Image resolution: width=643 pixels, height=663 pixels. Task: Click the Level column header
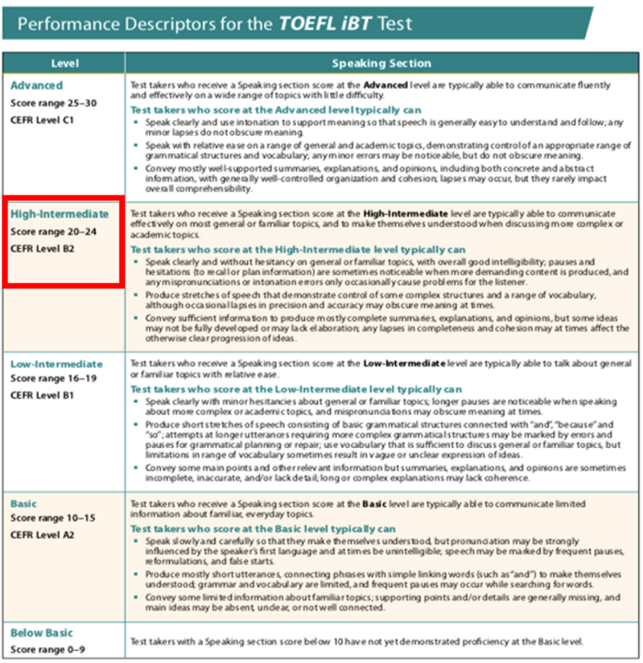pos(63,63)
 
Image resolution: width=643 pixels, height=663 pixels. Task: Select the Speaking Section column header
pos(381,63)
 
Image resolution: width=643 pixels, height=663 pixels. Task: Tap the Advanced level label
pos(37,85)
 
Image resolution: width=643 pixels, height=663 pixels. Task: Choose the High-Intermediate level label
pos(59,214)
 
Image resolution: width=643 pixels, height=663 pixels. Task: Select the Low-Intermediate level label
pos(57,364)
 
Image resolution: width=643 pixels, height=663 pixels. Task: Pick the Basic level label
pos(26,504)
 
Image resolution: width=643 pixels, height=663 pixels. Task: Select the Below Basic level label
pos(43,633)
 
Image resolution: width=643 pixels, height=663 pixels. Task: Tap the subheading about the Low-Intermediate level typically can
pos(296,389)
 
